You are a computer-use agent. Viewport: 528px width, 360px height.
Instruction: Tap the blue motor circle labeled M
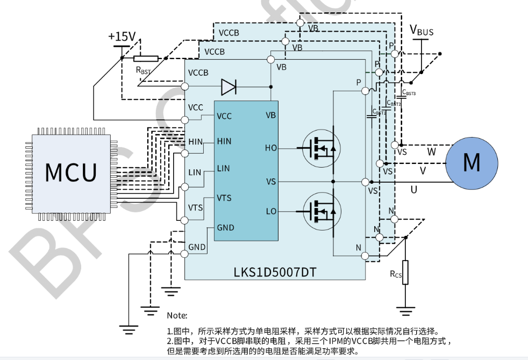pyautogui.click(x=471, y=162)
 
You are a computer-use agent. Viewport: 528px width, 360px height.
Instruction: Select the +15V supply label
pyautogui.click(x=122, y=37)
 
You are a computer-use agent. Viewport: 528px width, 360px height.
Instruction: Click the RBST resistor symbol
pyautogui.click(x=146, y=59)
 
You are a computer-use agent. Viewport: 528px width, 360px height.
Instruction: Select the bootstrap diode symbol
pyautogui.click(x=229, y=86)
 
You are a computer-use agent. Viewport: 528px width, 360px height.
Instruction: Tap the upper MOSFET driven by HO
pyautogui.click(x=321, y=147)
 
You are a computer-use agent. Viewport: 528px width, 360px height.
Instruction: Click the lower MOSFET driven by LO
pyautogui.click(x=321, y=212)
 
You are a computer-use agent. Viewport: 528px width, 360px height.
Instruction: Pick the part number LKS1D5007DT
pyautogui.click(x=275, y=272)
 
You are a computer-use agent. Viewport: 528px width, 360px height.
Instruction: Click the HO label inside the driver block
pyautogui.click(x=270, y=148)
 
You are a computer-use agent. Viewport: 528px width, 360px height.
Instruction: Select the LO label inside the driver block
pyautogui.click(x=271, y=212)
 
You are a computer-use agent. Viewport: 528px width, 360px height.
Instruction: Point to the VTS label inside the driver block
pyautogui.click(x=224, y=198)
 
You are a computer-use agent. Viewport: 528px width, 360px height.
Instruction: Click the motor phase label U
pyautogui.click(x=413, y=190)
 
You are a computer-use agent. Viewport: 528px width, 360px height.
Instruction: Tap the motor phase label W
pyautogui.click(x=431, y=152)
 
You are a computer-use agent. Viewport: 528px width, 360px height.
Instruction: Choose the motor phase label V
pyautogui.click(x=423, y=170)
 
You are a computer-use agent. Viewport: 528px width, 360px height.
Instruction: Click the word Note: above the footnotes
pyautogui.click(x=177, y=315)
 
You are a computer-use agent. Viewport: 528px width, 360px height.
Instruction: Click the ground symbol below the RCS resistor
pyautogui.click(x=405, y=309)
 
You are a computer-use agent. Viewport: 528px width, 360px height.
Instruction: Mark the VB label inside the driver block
pyautogui.click(x=270, y=116)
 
